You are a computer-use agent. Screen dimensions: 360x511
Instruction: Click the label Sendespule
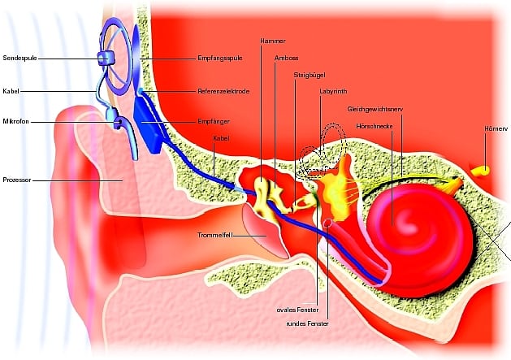(19, 59)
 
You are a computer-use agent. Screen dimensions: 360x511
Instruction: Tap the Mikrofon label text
(16, 122)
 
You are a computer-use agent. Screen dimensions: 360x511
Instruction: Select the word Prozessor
(18, 180)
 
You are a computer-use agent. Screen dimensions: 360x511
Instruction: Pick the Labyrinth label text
(334, 92)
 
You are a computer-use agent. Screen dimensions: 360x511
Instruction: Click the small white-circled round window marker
(327, 223)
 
